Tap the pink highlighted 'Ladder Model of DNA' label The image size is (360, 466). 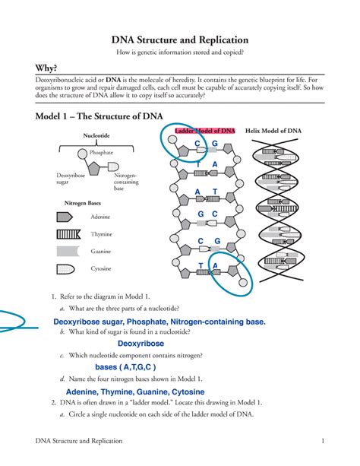click(205, 131)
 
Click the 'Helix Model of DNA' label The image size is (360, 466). click(273, 131)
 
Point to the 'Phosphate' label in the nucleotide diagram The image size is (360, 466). click(101, 152)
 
